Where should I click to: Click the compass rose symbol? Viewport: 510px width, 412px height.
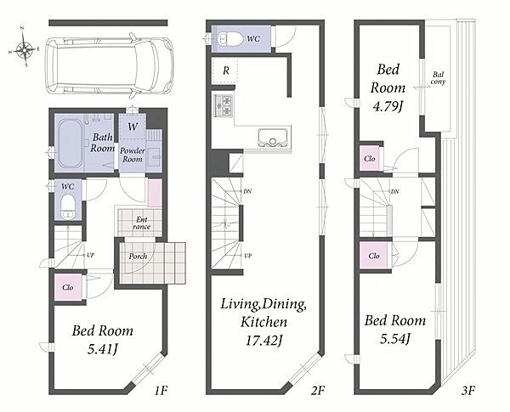tap(24, 49)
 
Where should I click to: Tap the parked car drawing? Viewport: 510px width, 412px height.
tap(110, 66)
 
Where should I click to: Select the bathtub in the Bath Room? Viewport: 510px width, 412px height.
tap(70, 144)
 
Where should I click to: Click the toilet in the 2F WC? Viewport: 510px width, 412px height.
tap(230, 39)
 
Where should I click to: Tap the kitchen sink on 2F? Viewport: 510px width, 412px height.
tap(273, 138)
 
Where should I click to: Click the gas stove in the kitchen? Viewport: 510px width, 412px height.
tap(223, 105)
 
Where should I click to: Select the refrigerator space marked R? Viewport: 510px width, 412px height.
tap(224, 71)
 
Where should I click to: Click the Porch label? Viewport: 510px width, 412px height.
tap(138, 257)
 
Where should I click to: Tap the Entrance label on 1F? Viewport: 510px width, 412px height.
tap(141, 223)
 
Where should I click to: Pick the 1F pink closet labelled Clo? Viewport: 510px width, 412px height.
tap(68, 287)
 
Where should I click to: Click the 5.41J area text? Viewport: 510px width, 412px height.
tap(103, 350)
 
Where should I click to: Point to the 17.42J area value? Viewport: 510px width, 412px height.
tap(263, 341)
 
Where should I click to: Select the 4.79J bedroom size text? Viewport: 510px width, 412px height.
tap(388, 107)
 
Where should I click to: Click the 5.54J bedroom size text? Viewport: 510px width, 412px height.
tap(394, 339)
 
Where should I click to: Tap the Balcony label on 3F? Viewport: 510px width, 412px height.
tap(438, 78)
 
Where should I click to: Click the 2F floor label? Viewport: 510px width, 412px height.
tap(317, 390)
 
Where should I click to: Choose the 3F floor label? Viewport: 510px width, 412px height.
tap(468, 390)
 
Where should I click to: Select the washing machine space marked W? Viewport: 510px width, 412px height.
tap(132, 127)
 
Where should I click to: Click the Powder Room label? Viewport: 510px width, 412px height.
tap(133, 155)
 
